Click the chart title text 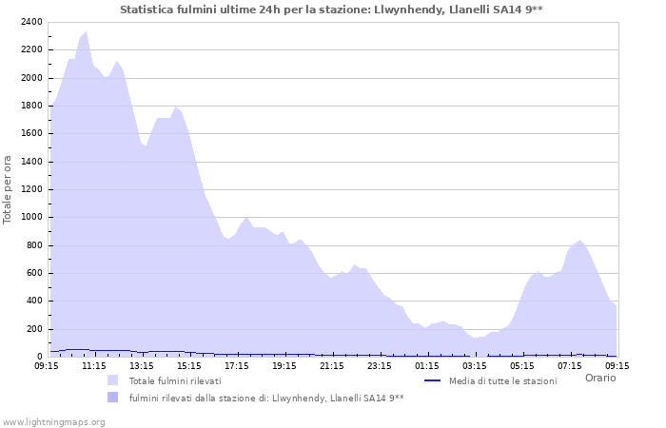332,9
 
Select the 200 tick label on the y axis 33,329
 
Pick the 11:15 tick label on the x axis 94,365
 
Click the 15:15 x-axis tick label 189,365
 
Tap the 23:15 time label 380,365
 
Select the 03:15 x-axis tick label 475,365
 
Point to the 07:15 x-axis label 570,365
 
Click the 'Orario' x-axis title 599,378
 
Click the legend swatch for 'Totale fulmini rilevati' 113,380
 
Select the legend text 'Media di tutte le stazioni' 502,380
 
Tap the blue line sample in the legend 433,380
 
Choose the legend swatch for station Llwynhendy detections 113,398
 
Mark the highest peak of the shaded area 87,32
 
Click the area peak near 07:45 580,241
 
